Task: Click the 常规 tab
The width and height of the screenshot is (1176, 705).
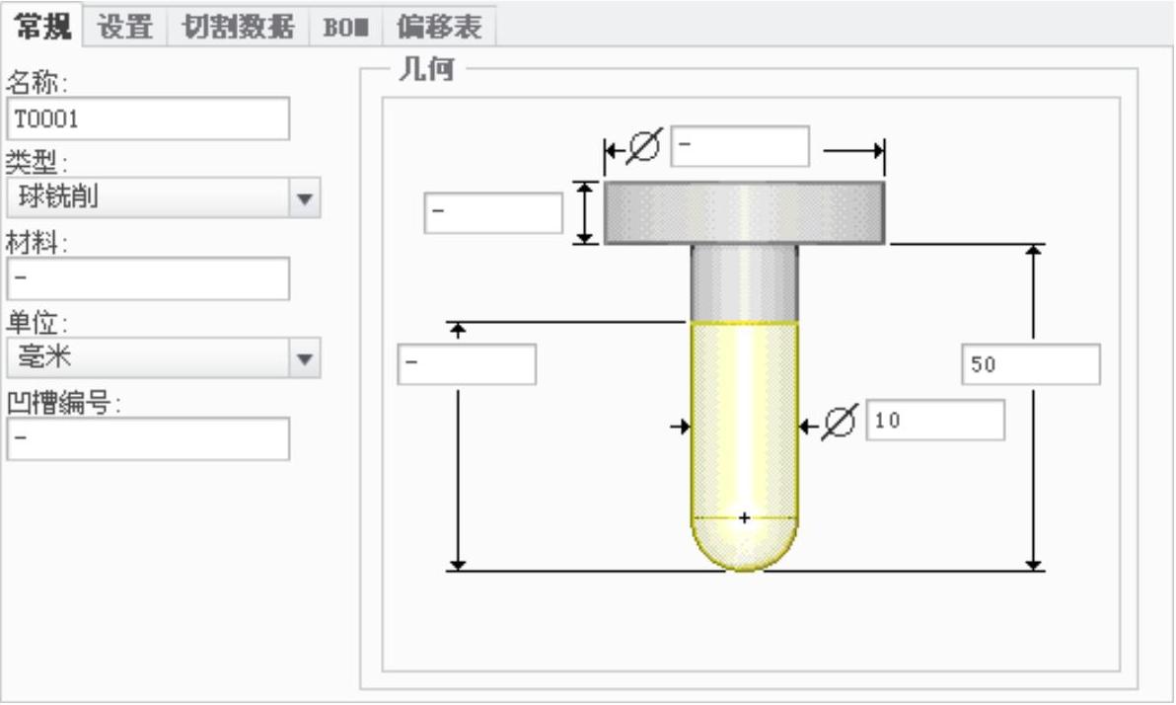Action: (x=43, y=26)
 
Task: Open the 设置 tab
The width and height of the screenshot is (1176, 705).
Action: (x=125, y=27)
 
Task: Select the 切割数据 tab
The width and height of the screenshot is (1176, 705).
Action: (x=232, y=27)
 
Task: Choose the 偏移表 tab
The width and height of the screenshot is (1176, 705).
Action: (x=439, y=27)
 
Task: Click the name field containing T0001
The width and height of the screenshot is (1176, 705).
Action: (x=148, y=118)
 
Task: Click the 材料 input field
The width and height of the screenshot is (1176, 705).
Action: (x=148, y=278)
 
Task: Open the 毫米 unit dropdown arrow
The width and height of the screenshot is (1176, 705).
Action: (x=305, y=358)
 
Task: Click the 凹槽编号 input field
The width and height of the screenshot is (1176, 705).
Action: (x=148, y=438)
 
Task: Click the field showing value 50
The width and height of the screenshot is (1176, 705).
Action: (x=1030, y=364)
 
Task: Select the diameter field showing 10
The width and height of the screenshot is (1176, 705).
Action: (x=935, y=421)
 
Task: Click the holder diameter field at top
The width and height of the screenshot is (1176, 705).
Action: (x=740, y=147)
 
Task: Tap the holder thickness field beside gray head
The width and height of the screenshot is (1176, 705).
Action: (x=493, y=213)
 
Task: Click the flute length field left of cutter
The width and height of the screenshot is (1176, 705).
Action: (x=467, y=364)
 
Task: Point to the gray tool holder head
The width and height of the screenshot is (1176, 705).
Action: (x=744, y=212)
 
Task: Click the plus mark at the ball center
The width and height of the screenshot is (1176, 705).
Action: (x=744, y=517)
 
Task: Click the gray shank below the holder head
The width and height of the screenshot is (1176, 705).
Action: (x=744, y=282)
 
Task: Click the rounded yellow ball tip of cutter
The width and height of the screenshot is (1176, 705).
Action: (x=744, y=548)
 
